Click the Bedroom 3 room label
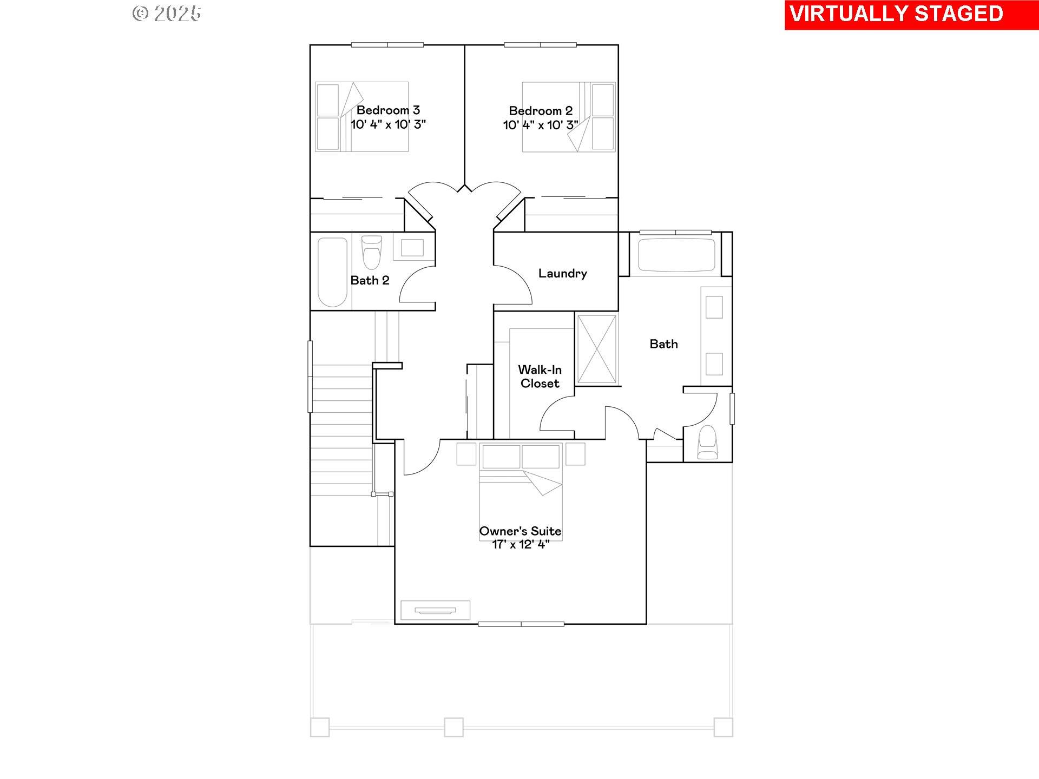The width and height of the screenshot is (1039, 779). (388, 110)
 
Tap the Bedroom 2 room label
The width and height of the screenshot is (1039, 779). (541, 111)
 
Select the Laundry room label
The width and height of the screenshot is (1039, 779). (563, 273)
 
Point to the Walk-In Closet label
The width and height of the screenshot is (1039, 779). (540, 377)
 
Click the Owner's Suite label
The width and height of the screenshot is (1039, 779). (520, 531)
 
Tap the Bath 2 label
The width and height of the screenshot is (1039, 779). (370, 280)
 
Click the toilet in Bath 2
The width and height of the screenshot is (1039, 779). (371, 252)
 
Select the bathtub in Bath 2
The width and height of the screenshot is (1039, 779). (332, 272)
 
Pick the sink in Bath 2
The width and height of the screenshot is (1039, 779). (412, 248)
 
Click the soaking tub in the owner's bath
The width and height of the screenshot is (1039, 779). (676, 254)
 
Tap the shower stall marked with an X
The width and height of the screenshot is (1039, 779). (597, 349)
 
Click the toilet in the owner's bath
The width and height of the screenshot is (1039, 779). (707, 443)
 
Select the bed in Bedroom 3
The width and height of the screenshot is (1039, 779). (361, 116)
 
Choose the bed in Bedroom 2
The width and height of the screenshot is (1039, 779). (569, 116)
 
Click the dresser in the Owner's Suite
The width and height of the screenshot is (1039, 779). (435, 610)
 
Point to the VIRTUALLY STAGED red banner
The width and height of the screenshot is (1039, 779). (912, 15)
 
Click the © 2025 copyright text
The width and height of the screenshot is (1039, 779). (167, 14)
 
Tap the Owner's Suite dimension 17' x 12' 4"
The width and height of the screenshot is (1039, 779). (521, 545)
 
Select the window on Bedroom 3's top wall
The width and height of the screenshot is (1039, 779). (387, 45)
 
